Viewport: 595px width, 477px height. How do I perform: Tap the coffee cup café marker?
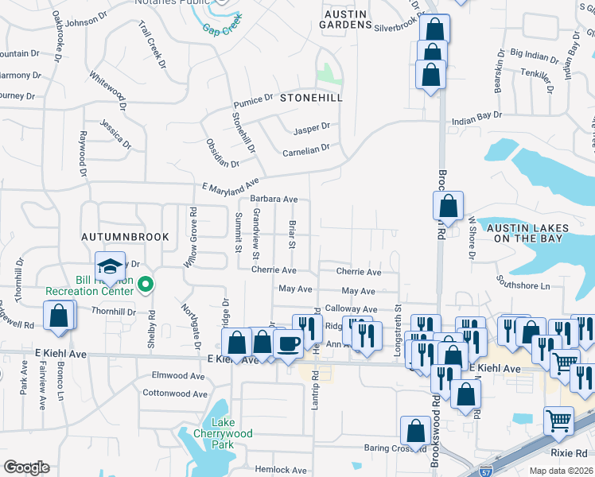coord(287,343)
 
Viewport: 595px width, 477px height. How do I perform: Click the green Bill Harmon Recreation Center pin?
coord(145,283)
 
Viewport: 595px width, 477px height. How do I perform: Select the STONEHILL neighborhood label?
coord(310,98)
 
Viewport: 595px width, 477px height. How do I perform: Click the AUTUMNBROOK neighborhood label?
coord(113,237)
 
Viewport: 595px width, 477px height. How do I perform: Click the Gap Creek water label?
coord(221,29)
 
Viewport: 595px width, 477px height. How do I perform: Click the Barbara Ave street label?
coord(274,200)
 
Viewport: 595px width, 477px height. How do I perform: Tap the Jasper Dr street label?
coord(311,128)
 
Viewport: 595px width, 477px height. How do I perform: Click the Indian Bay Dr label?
coord(477,115)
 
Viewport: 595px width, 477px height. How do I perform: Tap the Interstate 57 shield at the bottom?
coord(486,471)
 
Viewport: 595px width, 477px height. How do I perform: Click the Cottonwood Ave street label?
coord(175,393)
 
